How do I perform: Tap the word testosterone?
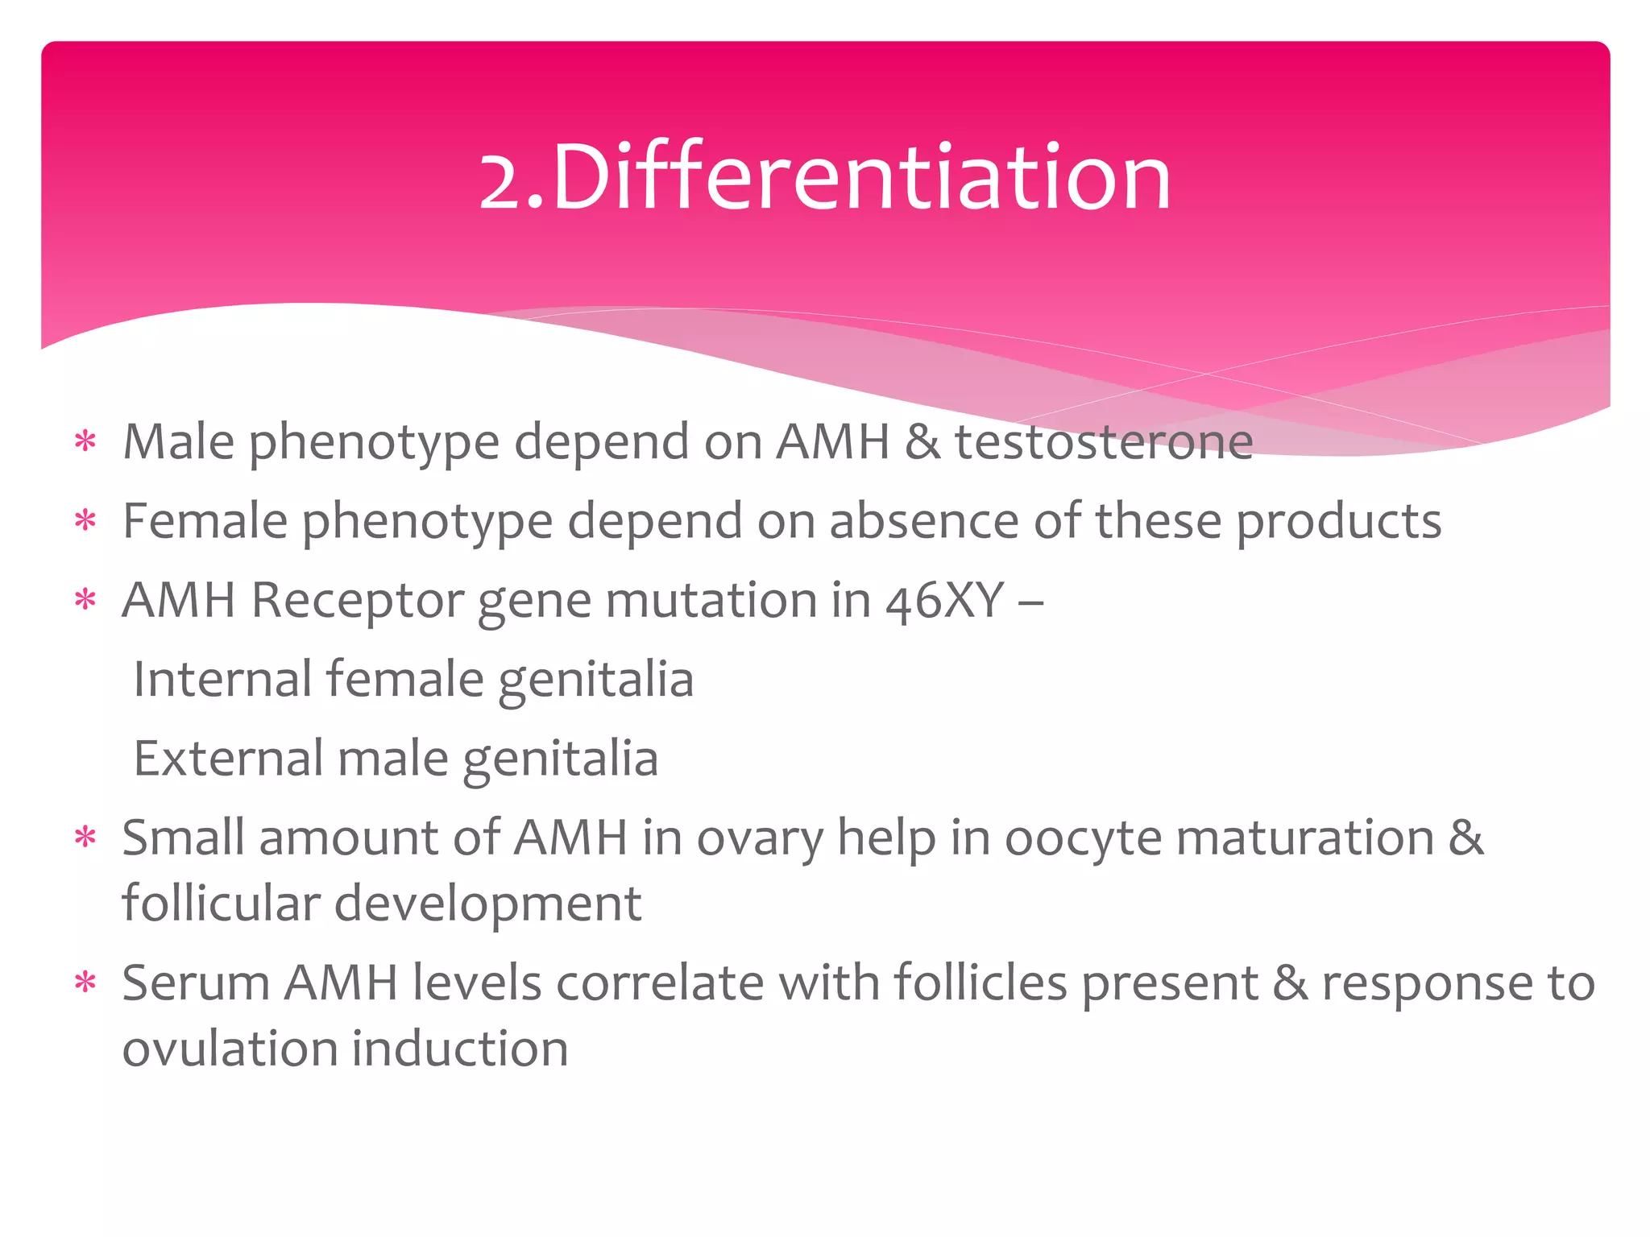tap(1104, 442)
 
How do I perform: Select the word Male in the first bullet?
tap(179, 442)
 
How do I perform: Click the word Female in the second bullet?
tap(205, 521)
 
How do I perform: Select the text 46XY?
tap(944, 601)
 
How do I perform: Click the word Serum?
tap(196, 983)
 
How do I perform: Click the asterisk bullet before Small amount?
tap(85, 838)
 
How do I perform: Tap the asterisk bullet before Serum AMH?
tap(85, 983)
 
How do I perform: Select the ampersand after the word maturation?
tap(1466, 838)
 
